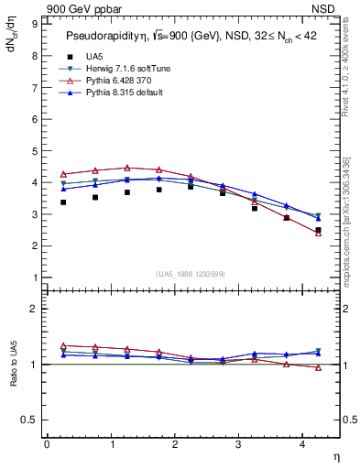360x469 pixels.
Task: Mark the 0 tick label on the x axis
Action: pyautogui.click(x=47, y=444)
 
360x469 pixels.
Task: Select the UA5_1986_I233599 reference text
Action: pyautogui.click(x=192, y=275)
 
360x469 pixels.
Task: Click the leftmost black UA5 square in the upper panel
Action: pyautogui.click(x=63, y=202)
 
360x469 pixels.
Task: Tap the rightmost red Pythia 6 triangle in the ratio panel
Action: pyautogui.click(x=318, y=367)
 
